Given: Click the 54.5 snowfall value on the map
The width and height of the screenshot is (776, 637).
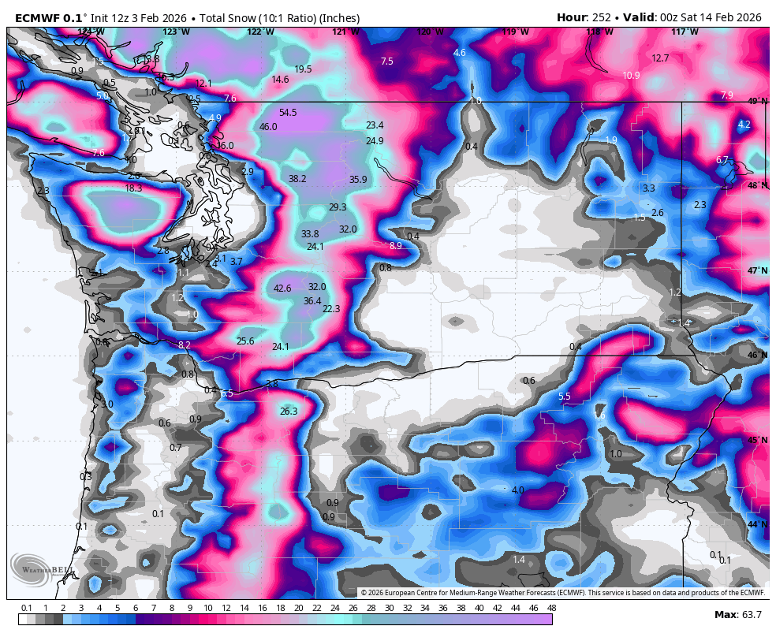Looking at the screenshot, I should point(288,113).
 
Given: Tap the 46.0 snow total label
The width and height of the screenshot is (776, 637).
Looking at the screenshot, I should point(268,127).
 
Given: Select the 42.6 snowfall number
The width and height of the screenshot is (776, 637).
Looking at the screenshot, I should point(282,289).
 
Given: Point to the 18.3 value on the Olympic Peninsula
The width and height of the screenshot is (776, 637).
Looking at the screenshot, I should point(133,188).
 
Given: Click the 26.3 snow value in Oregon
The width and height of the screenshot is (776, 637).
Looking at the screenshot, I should point(289,412).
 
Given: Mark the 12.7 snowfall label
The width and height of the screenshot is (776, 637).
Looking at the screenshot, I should point(660,58).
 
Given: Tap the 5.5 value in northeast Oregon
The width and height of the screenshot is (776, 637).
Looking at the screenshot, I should point(564,397).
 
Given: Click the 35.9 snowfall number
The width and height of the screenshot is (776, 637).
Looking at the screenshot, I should point(358,180).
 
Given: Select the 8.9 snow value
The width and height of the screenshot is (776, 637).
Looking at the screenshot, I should point(396,246).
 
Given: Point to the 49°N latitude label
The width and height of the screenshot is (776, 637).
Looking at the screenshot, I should point(757,102).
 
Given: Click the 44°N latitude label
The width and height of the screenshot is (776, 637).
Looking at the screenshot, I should point(757,524).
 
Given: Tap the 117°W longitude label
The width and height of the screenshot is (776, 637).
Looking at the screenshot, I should point(684,32).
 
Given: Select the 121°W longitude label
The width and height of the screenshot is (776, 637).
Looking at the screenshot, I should point(345,32).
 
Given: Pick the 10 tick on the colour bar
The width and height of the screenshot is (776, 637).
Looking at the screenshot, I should point(207,608).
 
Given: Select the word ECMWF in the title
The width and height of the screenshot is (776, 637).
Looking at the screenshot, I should point(35,17).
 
